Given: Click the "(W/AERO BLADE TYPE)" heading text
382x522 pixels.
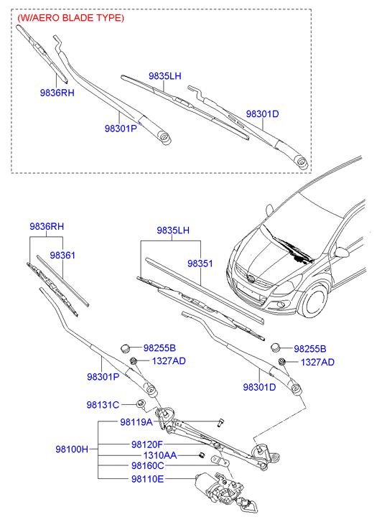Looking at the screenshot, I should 70,17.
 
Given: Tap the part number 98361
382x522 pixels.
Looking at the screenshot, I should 62,255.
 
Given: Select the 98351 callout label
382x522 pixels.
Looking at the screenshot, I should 200,264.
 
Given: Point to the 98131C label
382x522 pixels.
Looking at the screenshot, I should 104,405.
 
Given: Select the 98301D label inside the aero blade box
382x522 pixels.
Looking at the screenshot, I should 262,114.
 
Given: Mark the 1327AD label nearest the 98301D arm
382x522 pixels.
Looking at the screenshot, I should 317,363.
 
